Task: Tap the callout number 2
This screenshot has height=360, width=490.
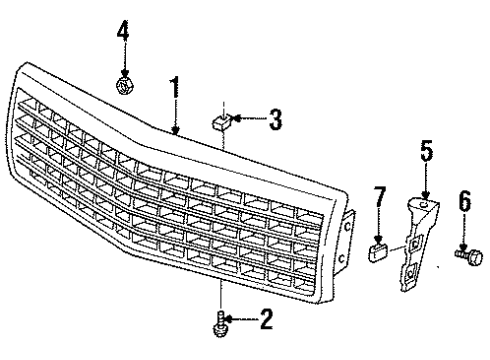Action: coord(265,320)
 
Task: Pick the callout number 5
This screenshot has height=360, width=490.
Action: coord(426,153)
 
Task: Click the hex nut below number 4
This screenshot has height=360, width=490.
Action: coord(125,87)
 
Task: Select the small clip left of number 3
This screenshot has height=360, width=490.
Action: coord(222,123)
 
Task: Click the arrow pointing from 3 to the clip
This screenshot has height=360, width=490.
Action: coord(247,122)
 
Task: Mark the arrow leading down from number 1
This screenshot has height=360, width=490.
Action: coord(175,115)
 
